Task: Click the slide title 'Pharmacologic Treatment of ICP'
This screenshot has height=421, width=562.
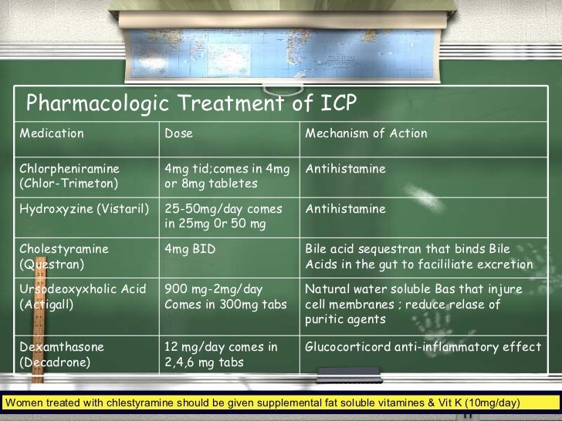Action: [191, 103]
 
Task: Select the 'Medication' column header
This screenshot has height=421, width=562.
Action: [52, 133]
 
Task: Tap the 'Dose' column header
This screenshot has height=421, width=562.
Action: [178, 133]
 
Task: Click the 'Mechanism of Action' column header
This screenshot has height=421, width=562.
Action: [366, 133]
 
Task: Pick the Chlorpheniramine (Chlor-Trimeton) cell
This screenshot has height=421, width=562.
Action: [69, 176]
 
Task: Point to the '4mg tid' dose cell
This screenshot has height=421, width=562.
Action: [227, 176]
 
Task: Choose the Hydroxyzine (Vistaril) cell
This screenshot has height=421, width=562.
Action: [84, 209]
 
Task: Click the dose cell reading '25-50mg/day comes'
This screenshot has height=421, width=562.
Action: [224, 216]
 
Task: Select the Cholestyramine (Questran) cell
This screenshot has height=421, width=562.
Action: [64, 257]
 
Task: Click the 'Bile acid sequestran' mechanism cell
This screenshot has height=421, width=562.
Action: [419, 257]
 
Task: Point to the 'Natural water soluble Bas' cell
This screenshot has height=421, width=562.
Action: [414, 304]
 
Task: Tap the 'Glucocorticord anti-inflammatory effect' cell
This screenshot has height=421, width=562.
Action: [423, 347]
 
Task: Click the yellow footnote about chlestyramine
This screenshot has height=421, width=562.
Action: [263, 402]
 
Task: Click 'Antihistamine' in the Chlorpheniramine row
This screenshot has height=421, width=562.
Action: [345, 169]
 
